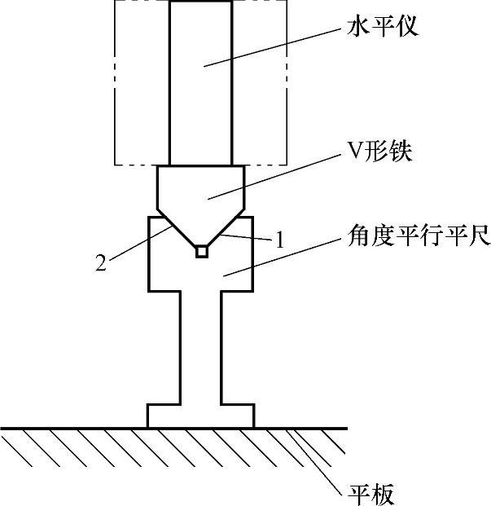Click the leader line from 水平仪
277,48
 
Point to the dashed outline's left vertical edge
115,81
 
